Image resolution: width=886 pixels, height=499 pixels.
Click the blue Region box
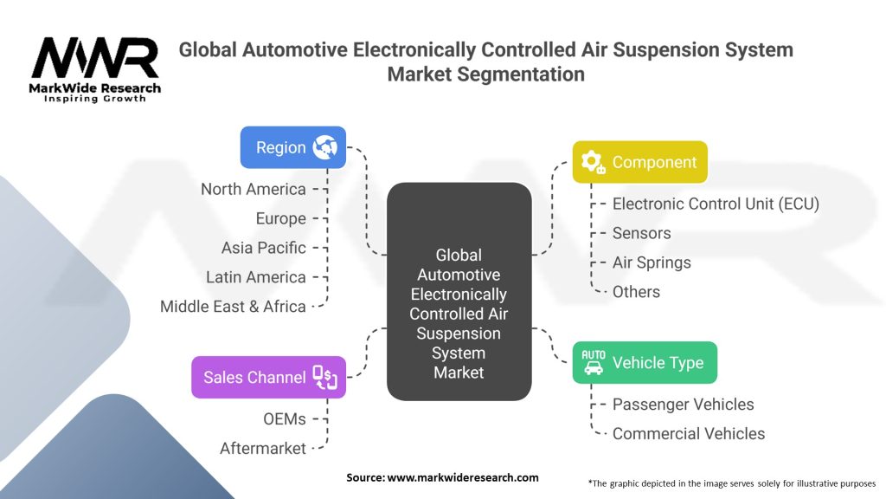pyautogui.click(x=292, y=147)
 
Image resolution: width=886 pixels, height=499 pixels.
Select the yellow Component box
pyautogui.click(x=639, y=162)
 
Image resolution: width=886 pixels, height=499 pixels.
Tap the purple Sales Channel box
pyautogui.click(x=268, y=377)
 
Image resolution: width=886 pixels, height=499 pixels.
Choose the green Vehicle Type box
pyautogui.click(x=645, y=363)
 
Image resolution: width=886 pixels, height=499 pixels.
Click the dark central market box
pyautogui.click(x=459, y=292)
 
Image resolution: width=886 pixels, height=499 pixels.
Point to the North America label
pyautogui.click(x=254, y=189)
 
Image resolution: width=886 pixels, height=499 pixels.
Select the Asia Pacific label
pyautogui.click(x=263, y=248)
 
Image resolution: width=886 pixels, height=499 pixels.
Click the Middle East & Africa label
pyautogui.click(x=233, y=307)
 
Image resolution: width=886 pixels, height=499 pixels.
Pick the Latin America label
pyautogui.click(x=255, y=277)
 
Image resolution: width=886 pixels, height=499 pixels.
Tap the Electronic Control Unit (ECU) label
pyautogui.click(x=716, y=204)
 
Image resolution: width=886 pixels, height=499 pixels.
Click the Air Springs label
pyautogui.click(x=652, y=262)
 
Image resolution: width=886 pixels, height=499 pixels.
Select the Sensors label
pyautogui.click(x=641, y=233)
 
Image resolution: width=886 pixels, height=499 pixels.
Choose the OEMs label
pyautogui.click(x=285, y=418)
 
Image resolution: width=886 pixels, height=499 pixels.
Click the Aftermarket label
pyautogui.click(x=263, y=448)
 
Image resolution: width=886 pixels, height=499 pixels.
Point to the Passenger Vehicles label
pyautogui.click(x=683, y=405)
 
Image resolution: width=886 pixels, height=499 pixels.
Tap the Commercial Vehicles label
pyautogui.click(x=689, y=433)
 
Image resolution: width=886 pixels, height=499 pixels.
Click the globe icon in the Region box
pyautogui.click(x=326, y=147)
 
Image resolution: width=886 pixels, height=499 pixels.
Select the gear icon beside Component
pyautogui.click(x=593, y=162)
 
